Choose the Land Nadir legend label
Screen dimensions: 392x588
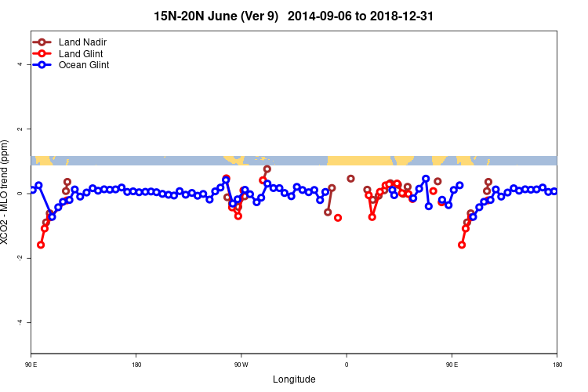tap(82, 42)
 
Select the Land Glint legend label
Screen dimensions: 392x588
tap(81, 53)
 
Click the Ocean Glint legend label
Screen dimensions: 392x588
tap(84, 65)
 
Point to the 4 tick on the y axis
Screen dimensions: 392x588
tap(20, 64)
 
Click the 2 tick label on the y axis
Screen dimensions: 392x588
tap(20, 129)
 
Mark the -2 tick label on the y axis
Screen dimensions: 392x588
tap(20, 258)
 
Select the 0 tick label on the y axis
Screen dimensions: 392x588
tap(20, 193)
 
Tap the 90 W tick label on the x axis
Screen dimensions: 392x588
tap(241, 365)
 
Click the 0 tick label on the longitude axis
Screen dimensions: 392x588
tap(346, 365)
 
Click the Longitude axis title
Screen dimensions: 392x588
tap(294, 379)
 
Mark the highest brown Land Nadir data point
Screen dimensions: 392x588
tap(267, 169)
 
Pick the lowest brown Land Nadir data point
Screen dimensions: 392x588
tap(338, 218)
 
